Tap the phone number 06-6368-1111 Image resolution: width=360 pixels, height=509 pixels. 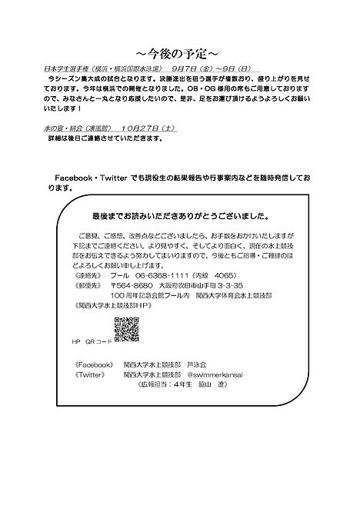(165, 275)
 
